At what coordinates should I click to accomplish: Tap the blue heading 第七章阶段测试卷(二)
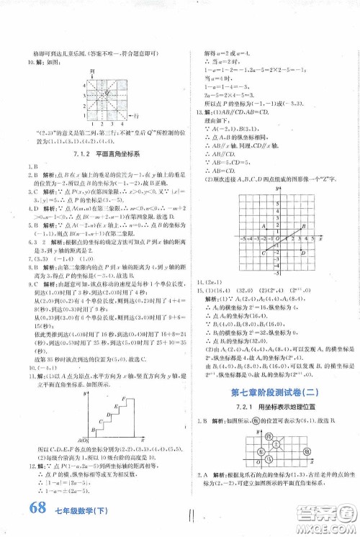275,392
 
